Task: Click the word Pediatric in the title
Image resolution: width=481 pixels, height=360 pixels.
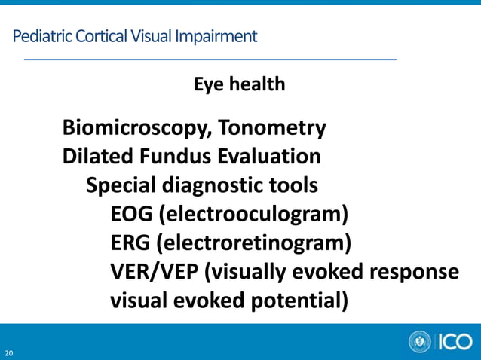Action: (38, 35)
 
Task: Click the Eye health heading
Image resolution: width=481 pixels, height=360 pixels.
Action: (240, 84)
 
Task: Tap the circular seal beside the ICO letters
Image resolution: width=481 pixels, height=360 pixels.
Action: (420, 342)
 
